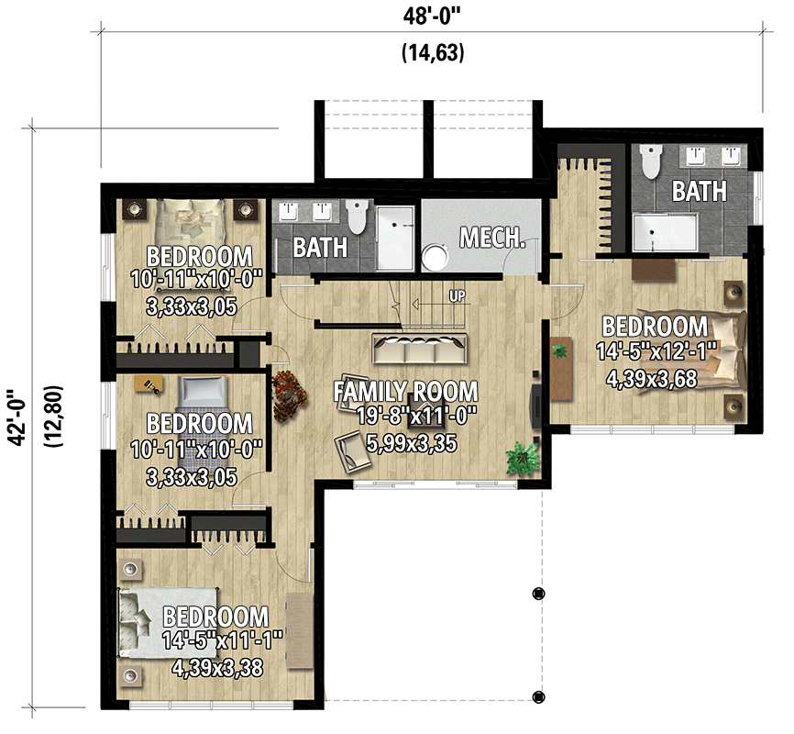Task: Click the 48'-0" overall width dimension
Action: pyautogui.click(x=432, y=15)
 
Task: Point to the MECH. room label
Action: pyautogui.click(x=492, y=239)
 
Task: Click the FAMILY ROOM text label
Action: pyautogui.click(x=406, y=392)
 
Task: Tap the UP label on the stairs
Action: pyautogui.click(x=456, y=296)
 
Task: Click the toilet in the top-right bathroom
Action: pyautogui.click(x=651, y=162)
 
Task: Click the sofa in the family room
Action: pyautogui.click(x=419, y=350)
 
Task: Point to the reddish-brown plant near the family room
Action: pyautogui.click(x=292, y=396)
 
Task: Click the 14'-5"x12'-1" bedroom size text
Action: pyautogui.click(x=655, y=351)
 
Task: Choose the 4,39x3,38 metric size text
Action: pyautogui.click(x=217, y=668)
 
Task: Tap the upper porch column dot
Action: pyautogui.click(x=538, y=593)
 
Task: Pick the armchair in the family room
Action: pyautogui.click(x=349, y=450)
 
